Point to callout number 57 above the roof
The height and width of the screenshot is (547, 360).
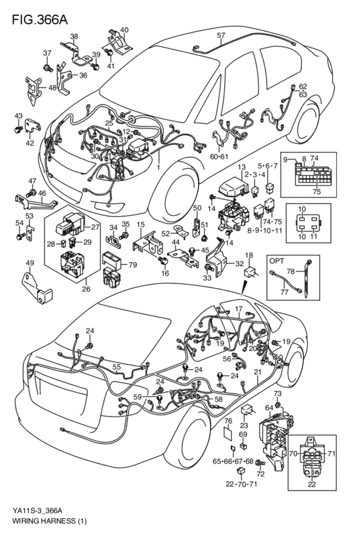(221, 35)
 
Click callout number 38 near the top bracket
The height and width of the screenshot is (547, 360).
(74, 37)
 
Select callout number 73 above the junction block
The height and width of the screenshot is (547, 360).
(278, 393)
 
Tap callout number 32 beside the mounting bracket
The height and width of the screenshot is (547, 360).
(240, 264)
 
